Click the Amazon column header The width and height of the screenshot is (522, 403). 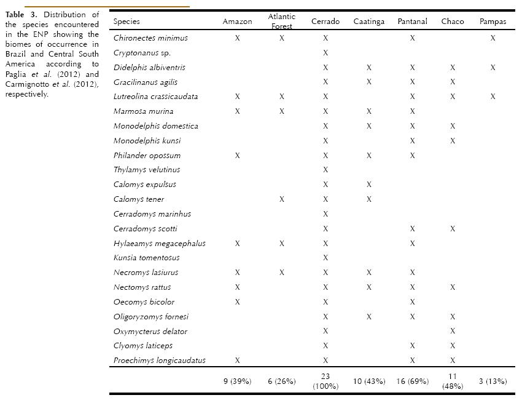(x=237, y=22)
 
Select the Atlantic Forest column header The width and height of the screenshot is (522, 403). (x=282, y=21)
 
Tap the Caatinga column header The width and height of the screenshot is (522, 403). (x=369, y=22)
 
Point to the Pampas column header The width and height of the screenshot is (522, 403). (x=493, y=22)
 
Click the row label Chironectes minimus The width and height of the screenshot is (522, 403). (x=150, y=38)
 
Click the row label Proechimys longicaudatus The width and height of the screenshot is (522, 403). (x=159, y=361)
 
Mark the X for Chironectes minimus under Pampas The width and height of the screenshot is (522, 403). (x=493, y=38)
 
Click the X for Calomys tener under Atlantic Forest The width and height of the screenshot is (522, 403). (x=282, y=199)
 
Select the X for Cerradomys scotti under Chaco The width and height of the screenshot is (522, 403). (x=453, y=229)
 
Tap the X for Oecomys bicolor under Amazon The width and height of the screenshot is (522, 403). (x=237, y=302)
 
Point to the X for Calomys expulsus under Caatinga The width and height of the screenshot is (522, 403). (x=369, y=185)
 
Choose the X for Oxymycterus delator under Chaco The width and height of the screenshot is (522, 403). (x=453, y=332)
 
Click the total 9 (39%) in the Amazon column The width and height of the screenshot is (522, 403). (x=237, y=381)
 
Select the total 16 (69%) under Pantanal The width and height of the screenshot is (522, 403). (x=412, y=381)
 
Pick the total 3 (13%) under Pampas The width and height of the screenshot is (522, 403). (x=493, y=381)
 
